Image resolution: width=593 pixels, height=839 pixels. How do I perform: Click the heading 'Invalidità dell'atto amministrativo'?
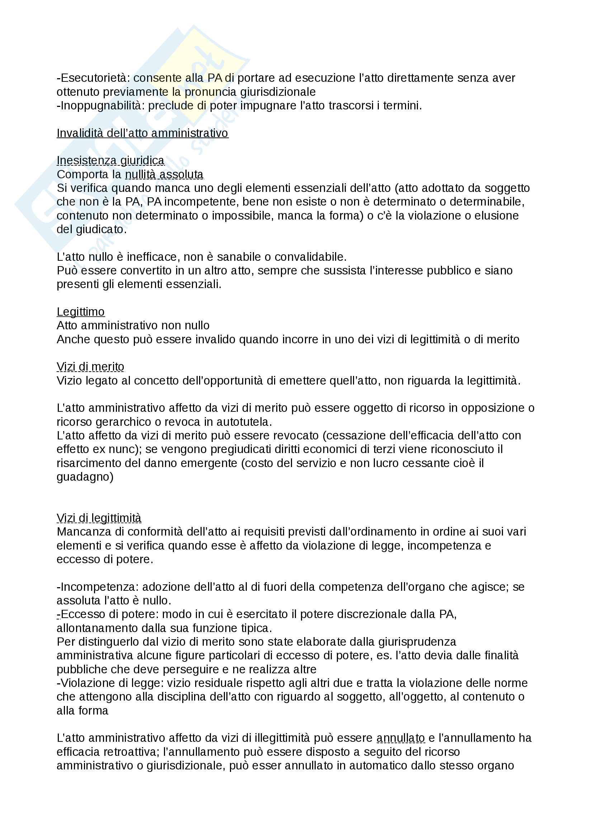[x=142, y=133]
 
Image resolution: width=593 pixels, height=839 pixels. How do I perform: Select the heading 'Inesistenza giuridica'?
[x=110, y=161]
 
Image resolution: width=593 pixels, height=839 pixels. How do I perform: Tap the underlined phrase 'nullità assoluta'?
[x=164, y=175]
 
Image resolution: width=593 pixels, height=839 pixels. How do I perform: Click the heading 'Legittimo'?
[x=80, y=312]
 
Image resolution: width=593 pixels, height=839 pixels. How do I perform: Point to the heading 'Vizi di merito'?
[x=90, y=367]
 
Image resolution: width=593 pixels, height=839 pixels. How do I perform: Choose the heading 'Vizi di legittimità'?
[x=99, y=518]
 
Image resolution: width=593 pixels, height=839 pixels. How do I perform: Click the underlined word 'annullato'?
[x=400, y=738]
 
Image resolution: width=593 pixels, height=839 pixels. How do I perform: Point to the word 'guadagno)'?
[x=85, y=477]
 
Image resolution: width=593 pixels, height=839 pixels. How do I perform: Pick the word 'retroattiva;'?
[x=132, y=752]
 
